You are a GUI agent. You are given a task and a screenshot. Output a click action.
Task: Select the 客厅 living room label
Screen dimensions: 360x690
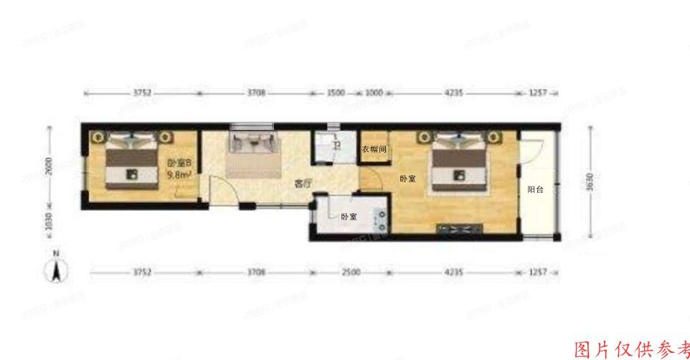click(304, 184)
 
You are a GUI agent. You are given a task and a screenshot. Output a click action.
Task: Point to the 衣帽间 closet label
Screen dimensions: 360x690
click(374, 150)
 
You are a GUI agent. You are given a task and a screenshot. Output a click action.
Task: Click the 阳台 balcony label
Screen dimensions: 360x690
click(534, 190)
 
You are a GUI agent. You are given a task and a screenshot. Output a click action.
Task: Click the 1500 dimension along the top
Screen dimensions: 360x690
click(336, 93)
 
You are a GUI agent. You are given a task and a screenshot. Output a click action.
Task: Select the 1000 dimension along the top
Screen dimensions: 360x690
click(374, 93)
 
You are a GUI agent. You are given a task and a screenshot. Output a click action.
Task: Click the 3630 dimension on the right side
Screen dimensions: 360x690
click(590, 185)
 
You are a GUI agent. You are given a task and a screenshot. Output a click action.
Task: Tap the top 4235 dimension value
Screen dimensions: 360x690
click(453, 93)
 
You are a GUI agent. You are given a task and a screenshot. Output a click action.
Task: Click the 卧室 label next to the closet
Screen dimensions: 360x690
click(407, 179)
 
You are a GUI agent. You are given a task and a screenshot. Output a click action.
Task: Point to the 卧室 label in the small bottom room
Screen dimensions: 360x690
click(349, 217)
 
